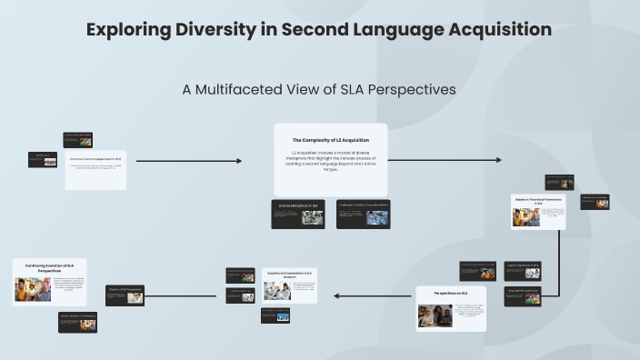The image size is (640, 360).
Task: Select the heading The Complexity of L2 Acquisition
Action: pos(331,139)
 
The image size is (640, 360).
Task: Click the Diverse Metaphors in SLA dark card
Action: pos(299,214)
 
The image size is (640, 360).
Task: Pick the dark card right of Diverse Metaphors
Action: pos(363,214)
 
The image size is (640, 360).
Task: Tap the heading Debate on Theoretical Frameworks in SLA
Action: pos(539,200)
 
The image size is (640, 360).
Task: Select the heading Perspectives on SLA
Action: pos(451,293)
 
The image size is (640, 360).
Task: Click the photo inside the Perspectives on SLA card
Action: pos(435,315)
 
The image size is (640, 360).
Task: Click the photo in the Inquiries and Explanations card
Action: pos(276,291)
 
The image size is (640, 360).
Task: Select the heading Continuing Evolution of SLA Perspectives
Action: pos(49,267)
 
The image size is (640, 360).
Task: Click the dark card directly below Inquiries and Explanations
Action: pos(275,315)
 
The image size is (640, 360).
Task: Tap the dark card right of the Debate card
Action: pos(595,201)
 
